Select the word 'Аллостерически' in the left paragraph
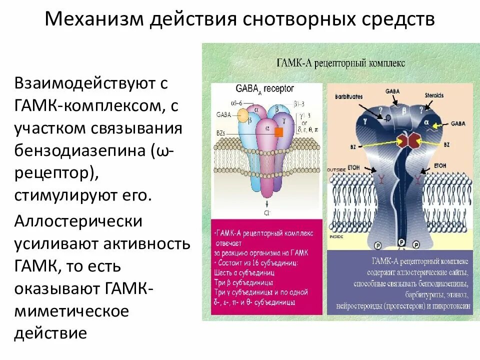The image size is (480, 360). (x=78, y=221)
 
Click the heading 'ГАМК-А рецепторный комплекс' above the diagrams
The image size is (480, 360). (x=340, y=63)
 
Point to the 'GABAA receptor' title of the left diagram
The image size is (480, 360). (x=264, y=89)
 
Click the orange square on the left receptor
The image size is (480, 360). (x=278, y=132)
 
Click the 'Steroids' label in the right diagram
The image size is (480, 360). (x=433, y=95)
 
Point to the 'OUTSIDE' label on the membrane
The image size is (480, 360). (x=336, y=170)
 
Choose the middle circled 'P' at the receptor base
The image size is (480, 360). (x=400, y=242)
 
